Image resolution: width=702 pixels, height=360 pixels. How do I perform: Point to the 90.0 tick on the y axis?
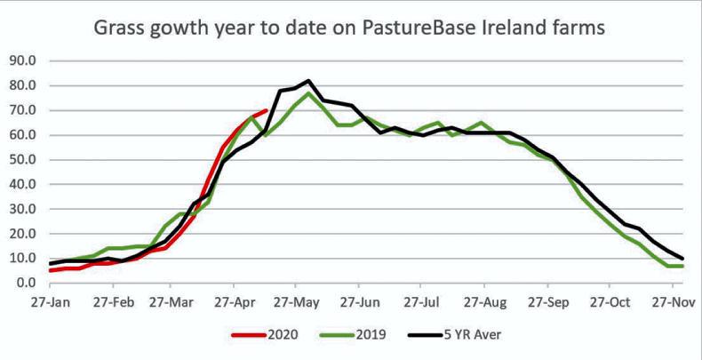pyautogui.click(x=21, y=61)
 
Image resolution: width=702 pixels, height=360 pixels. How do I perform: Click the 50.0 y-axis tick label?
pyautogui.click(x=21, y=160)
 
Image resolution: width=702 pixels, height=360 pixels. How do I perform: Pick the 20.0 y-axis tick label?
pyautogui.click(x=21, y=234)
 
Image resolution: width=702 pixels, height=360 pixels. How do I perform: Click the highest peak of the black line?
pyautogui.click(x=308, y=81)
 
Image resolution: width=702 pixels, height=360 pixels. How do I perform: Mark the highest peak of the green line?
pyautogui.click(x=308, y=93)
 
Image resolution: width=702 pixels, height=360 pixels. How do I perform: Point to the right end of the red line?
pyautogui.click(x=267, y=111)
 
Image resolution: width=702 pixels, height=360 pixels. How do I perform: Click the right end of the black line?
pyautogui.click(x=682, y=259)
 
